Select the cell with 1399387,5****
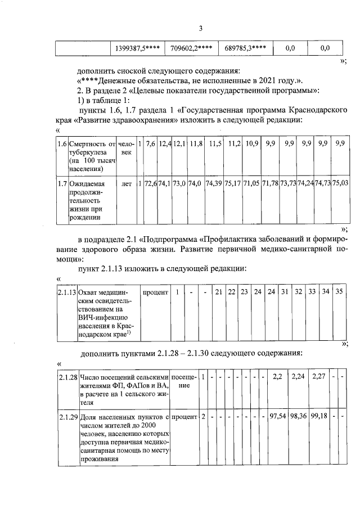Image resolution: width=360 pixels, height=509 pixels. [x=137, y=48]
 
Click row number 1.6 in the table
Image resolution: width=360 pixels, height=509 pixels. [x=63, y=145]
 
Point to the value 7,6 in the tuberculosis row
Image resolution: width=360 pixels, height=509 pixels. [x=150, y=145]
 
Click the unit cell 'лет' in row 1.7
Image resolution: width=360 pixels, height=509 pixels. [x=127, y=183]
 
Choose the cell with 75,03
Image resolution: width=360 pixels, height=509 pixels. [x=340, y=183]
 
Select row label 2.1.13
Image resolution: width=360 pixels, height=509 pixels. [x=67, y=292]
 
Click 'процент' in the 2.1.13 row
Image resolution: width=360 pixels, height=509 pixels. [x=154, y=292]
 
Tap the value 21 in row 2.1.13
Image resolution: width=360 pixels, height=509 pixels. [x=219, y=292]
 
